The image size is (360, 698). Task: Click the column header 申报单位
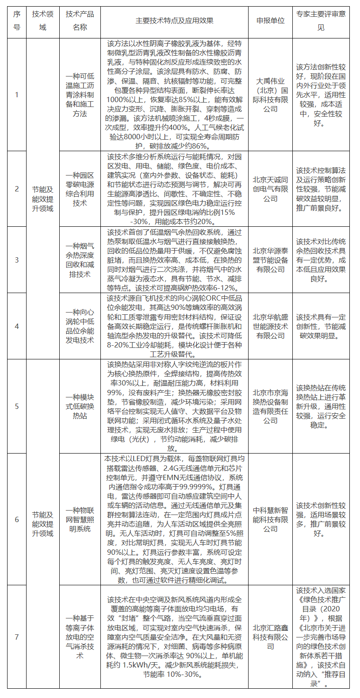tap(270, 21)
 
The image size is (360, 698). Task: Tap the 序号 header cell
tap(17, 21)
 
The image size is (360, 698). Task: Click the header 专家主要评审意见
tap(321, 21)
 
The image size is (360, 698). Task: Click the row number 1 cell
tap(17, 95)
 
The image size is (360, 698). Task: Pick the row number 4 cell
tap(17, 326)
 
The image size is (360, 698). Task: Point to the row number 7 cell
tap(17, 637)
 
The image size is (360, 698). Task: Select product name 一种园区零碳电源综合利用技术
tap(80, 189)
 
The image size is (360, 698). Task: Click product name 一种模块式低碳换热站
tap(80, 406)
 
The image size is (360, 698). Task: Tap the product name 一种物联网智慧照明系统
tap(80, 519)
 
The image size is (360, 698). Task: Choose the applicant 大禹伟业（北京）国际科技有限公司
tap(270, 95)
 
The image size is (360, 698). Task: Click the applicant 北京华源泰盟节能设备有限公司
tap(270, 260)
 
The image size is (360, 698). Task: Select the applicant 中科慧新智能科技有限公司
tap(270, 519)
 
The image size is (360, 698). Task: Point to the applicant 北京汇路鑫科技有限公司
tap(270, 637)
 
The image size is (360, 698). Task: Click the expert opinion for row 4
tap(321, 326)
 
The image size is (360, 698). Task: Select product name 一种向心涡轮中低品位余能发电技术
tap(80, 326)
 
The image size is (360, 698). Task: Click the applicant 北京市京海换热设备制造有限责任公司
tap(270, 406)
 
